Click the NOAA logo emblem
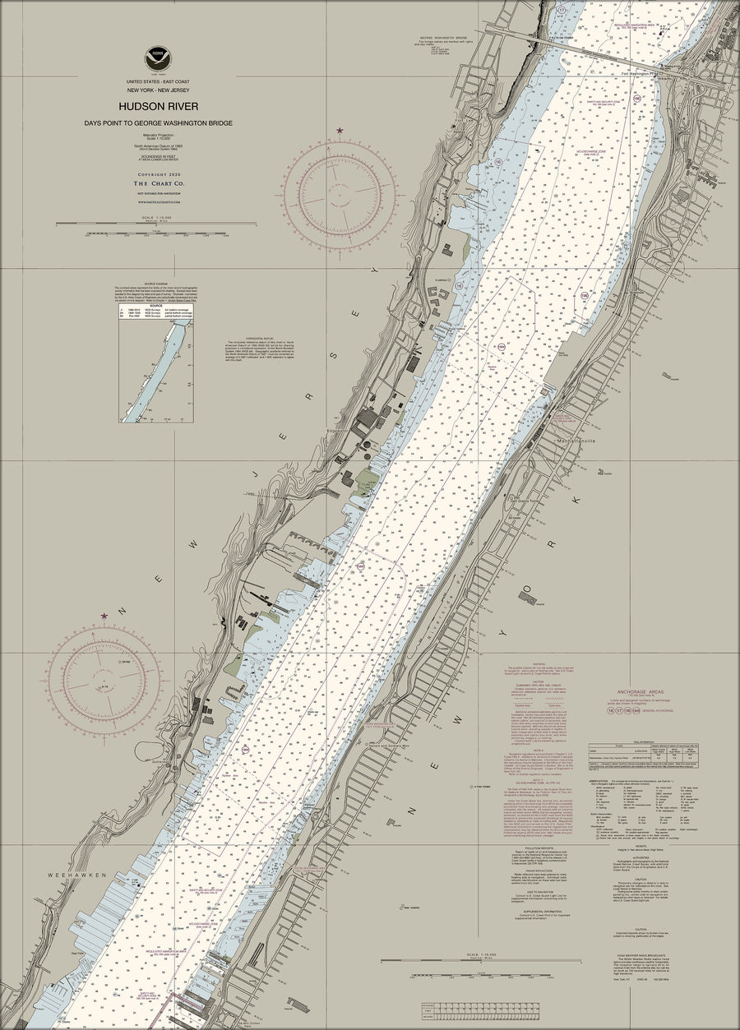click(x=158, y=58)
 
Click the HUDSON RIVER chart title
click(x=158, y=106)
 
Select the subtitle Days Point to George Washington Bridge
click(x=158, y=123)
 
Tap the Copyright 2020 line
click(x=158, y=175)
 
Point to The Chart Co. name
click(x=158, y=183)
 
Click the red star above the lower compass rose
click(x=104, y=616)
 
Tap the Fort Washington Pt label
click(x=642, y=72)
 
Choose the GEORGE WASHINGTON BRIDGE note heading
click(x=449, y=37)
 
